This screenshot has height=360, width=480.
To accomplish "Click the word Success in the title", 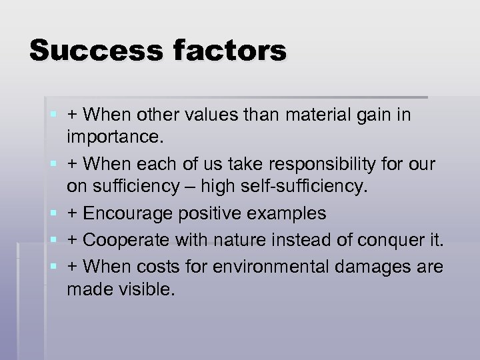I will tap(87, 51).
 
